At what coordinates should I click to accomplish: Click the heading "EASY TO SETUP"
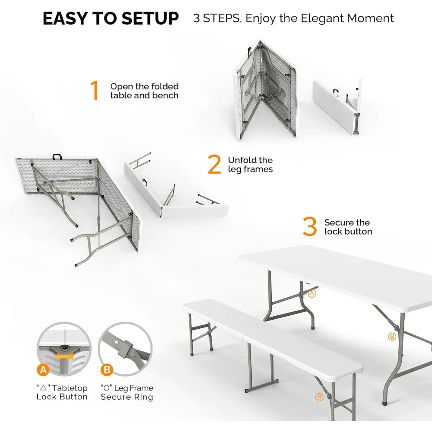coord(111,19)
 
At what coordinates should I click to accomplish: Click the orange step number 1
coord(95,91)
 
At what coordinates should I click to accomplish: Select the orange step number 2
coord(214,165)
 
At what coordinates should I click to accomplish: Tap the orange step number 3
coord(310,227)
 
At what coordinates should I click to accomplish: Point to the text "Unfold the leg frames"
coord(250,165)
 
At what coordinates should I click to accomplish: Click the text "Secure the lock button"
coord(348,227)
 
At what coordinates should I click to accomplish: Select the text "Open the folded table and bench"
coord(144,91)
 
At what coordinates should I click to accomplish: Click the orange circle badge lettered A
coord(42,370)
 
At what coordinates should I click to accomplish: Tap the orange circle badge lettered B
coord(106,370)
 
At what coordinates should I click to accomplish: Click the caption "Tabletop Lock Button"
coord(62,392)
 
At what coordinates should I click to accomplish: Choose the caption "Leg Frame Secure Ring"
coord(127,392)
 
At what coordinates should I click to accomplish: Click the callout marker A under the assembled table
coord(312,294)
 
